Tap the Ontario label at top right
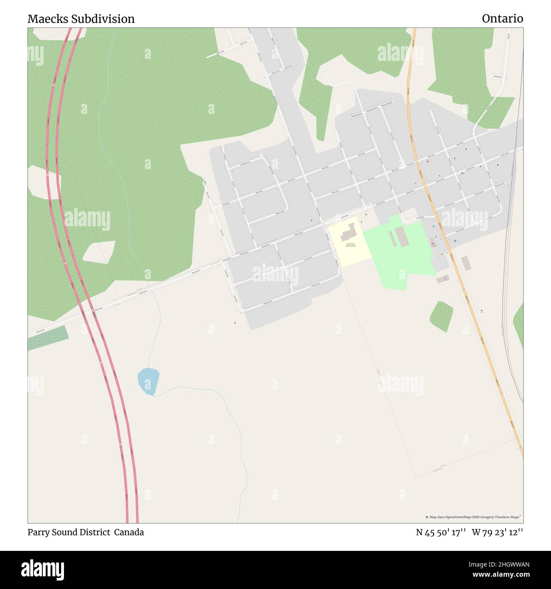coord(502,19)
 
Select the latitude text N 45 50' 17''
coord(441,532)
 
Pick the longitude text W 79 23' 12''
coord(498,532)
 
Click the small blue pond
coord(148,381)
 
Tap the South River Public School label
coord(351,244)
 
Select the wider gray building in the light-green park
coord(401,236)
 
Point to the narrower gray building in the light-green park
coord(392,239)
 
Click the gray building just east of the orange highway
coord(466,263)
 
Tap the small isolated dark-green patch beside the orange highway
coord(441,316)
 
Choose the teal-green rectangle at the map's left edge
coord(48,338)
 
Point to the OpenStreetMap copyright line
coord(473,517)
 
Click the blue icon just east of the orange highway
coord(455,241)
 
